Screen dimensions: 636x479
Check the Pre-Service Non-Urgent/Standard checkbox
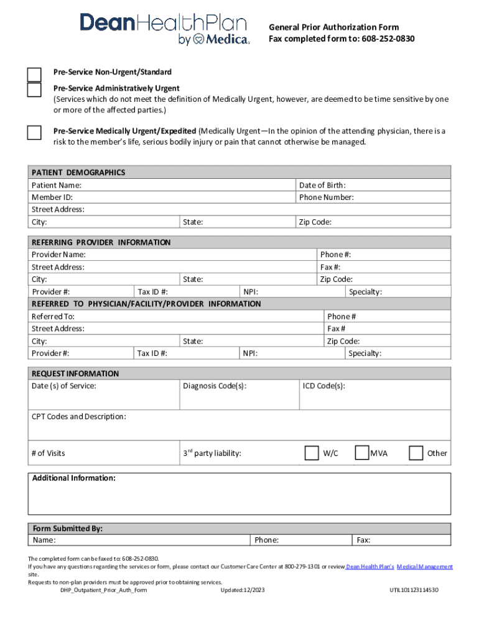34,75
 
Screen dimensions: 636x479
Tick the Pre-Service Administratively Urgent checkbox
34,90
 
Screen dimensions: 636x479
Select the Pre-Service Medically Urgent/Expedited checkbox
34,133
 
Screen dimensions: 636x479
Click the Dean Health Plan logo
164,29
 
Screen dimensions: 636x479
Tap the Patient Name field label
57,185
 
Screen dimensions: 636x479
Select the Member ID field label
52,198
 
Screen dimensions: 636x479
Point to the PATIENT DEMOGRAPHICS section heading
78,173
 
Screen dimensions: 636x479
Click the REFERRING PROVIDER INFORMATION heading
101,242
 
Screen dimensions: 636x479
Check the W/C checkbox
312,453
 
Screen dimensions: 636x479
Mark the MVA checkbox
362,453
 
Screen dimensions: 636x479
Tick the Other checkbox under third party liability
416,453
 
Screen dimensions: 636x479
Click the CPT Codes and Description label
79,416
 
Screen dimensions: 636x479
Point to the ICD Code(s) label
323,386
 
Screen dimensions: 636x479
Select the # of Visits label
49,453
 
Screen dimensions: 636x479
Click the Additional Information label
74,478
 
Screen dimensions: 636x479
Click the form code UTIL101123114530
414,589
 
